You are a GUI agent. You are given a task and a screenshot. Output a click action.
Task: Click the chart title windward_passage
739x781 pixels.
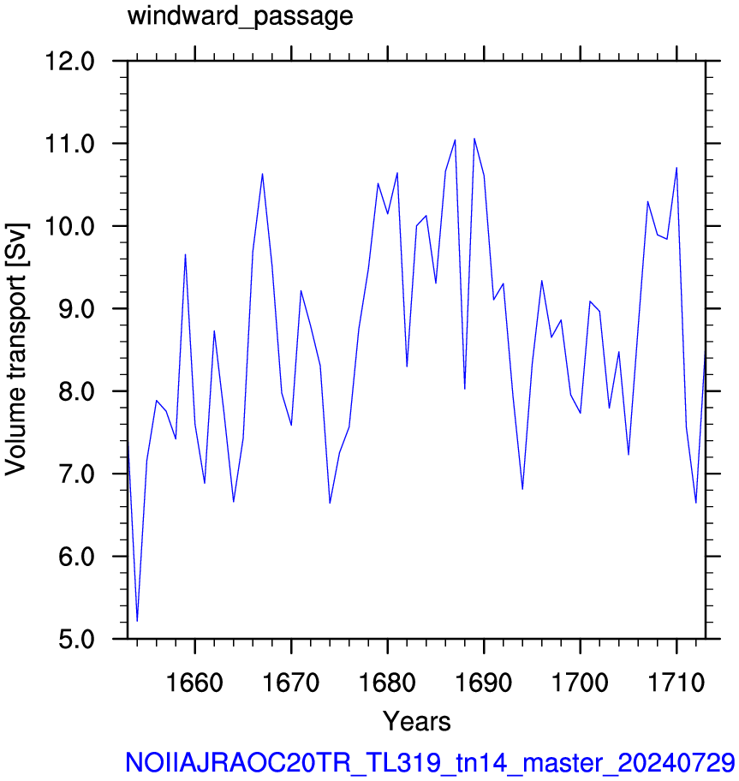[x=240, y=17]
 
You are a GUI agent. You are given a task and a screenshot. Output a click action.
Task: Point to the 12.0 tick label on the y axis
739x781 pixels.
[x=69, y=62]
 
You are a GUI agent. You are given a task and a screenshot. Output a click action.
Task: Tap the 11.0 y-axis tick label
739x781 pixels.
[x=69, y=144]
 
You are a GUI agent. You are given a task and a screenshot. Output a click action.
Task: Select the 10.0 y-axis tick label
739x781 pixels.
[x=69, y=227]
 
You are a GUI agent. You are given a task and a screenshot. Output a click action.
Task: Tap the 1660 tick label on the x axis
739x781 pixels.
[x=194, y=683]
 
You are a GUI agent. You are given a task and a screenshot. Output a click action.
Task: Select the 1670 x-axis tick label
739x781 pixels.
[x=291, y=683]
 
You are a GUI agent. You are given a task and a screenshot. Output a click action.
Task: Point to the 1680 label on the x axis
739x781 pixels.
[x=387, y=683]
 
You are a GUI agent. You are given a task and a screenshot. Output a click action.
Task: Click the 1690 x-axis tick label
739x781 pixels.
[x=484, y=683]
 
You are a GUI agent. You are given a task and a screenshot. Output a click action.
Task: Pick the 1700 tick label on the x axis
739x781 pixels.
[x=580, y=683]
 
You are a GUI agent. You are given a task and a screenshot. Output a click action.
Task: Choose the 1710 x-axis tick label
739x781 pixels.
[x=676, y=683]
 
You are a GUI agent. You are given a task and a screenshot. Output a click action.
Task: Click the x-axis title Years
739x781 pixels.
[x=417, y=721]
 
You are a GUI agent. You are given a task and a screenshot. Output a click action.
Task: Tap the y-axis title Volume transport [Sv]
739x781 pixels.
[x=16, y=349]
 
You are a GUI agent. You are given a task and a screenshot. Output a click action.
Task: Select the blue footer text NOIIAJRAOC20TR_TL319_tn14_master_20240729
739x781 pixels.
[x=430, y=762]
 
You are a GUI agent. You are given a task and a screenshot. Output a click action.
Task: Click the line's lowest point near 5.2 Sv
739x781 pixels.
[x=138, y=621]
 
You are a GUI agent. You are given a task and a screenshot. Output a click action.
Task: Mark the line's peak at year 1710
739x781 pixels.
[x=676, y=168]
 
